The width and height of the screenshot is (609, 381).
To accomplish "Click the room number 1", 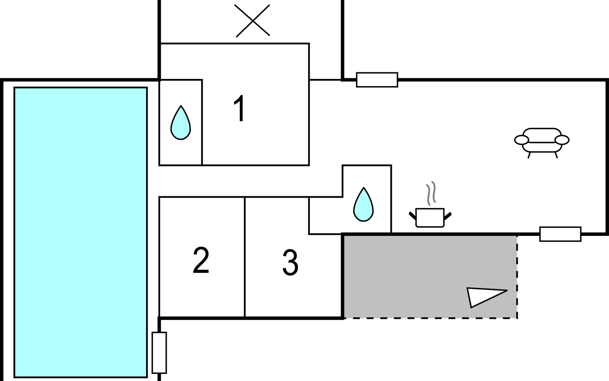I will (x=239, y=108).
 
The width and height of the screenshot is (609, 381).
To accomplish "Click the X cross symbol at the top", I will (x=253, y=21).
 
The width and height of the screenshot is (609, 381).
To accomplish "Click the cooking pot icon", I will (x=430, y=217).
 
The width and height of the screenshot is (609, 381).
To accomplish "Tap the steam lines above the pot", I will (x=431, y=193).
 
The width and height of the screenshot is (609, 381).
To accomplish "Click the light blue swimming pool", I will (x=81, y=232).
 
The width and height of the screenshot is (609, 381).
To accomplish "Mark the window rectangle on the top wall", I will (x=377, y=80).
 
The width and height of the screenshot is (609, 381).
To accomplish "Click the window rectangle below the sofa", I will (x=560, y=234).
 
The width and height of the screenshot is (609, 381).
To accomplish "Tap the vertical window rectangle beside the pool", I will (x=159, y=352).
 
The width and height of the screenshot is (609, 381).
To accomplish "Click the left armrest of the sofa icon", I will (x=521, y=139).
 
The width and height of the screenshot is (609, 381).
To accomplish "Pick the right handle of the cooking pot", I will (x=448, y=216).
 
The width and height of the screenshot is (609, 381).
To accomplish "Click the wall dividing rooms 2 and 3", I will (x=245, y=257).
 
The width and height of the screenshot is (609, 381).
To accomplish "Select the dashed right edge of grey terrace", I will (x=517, y=276).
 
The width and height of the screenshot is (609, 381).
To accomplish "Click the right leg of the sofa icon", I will (x=556, y=155).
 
